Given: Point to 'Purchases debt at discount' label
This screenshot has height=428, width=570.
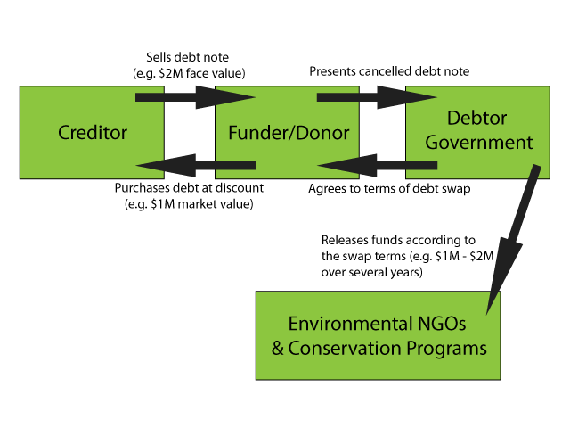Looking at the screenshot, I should point(190,188).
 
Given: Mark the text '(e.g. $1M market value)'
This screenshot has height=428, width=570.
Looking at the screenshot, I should point(190,204).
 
